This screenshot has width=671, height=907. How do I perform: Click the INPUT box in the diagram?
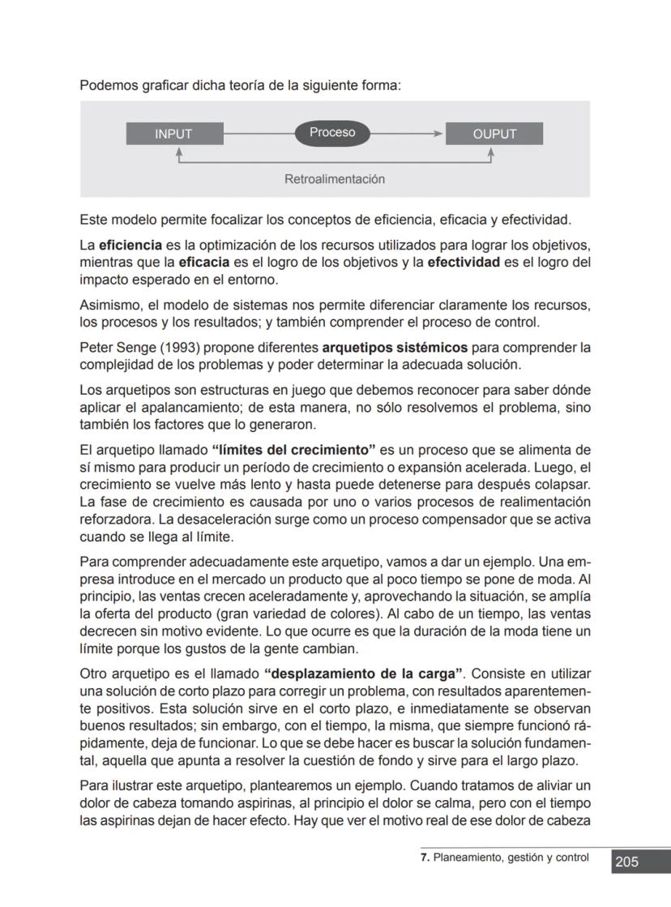point(174,134)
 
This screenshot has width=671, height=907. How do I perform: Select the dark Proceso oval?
point(332,133)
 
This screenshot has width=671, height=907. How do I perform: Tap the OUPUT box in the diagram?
point(494,134)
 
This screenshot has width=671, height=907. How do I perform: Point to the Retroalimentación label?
point(335,178)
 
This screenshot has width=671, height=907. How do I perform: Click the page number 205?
point(627,862)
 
